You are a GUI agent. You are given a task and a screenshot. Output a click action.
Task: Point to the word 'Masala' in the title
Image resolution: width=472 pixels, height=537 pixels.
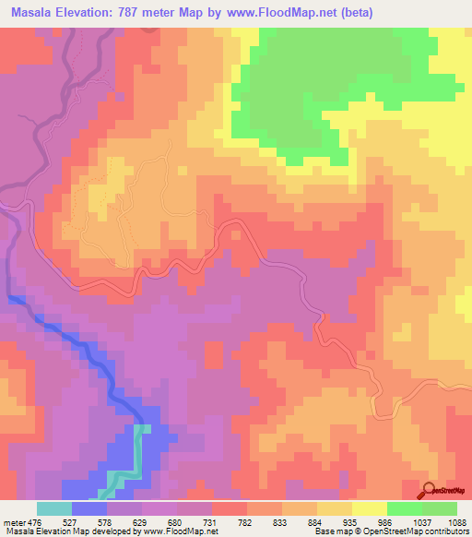coord(29,10)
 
